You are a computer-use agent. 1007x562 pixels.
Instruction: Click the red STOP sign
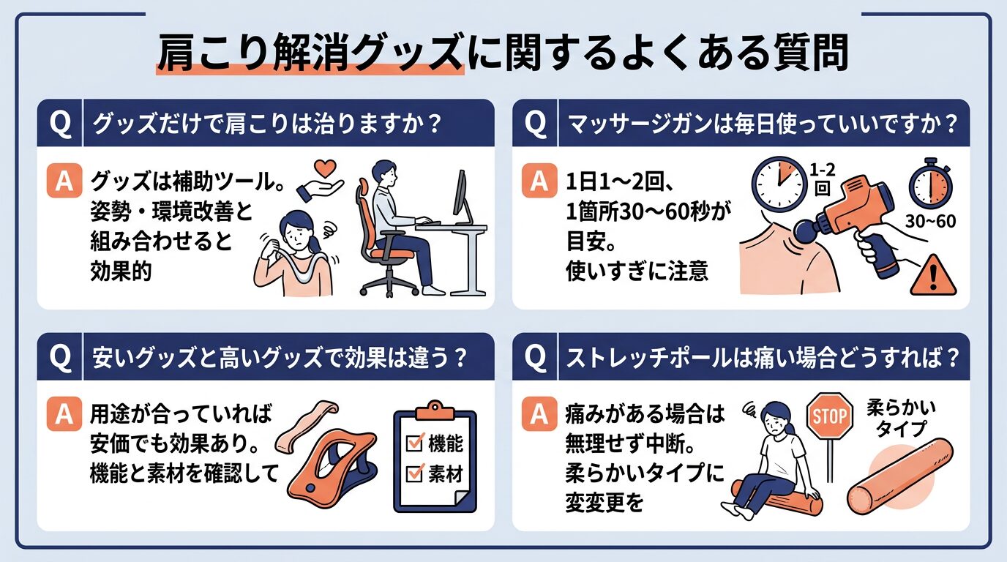pyautogui.click(x=830, y=417)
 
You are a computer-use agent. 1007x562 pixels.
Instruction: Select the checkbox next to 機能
pyautogui.click(x=415, y=443)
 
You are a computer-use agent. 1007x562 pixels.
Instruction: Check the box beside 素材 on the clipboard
pyautogui.click(x=415, y=474)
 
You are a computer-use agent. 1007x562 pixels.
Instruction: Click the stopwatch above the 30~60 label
pyautogui.click(x=929, y=184)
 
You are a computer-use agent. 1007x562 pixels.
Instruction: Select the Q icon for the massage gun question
pyautogui.click(x=536, y=124)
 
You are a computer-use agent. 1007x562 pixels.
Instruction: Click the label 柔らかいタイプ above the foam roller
pyautogui.click(x=901, y=416)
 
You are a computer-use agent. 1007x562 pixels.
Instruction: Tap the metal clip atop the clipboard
pyautogui.click(x=436, y=408)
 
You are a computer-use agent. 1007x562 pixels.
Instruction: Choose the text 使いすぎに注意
pyautogui.click(x=637, y=271)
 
